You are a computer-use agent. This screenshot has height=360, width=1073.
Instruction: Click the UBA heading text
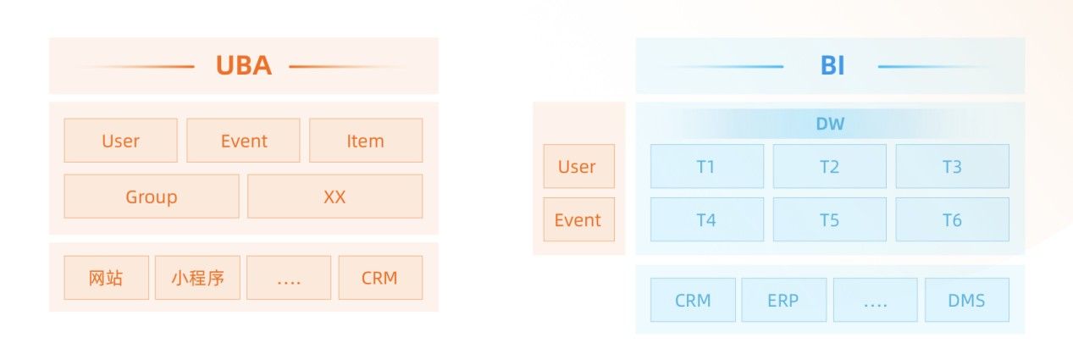[244, 65]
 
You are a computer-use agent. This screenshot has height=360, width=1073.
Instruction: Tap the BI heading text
[832, 65]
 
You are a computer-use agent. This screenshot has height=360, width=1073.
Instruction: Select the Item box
[366, 141]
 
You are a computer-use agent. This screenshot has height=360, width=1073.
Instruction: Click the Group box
[152, 196]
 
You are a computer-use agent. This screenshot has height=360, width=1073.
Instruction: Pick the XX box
[335, 196]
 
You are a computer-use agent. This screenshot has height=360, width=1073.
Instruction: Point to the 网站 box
[107, 278]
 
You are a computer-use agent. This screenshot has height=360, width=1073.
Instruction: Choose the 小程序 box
[197, 278]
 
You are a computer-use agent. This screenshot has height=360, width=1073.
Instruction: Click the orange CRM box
[380, 278]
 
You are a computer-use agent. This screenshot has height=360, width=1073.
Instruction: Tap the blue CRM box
[693, 300]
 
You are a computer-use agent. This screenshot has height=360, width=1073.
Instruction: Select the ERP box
[783, 300]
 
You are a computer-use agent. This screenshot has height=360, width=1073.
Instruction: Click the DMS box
[966, 300]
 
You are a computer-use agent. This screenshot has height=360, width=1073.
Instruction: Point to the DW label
[830, 124]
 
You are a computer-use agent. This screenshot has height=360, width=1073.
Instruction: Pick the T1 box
[707, 166]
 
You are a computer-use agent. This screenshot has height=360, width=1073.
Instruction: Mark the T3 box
[952, 166]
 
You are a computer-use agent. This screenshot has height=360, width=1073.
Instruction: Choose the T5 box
[830, 219]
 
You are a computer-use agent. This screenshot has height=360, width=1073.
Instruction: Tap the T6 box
[952, 219]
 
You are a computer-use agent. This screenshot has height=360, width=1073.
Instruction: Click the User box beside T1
[578, 166]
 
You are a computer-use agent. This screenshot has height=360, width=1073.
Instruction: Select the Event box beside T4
[578, 219]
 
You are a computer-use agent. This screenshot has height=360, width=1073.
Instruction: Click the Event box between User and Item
[243, 141]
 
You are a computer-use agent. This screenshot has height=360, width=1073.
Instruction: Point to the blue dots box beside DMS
[875, 300]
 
